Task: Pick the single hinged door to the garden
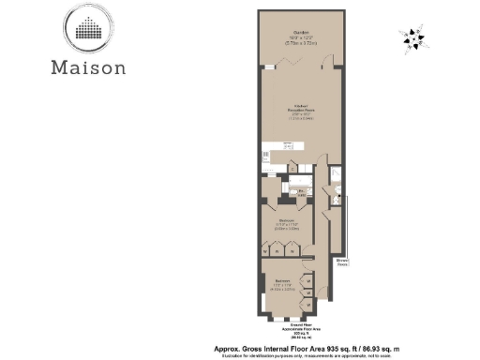pos(325,65)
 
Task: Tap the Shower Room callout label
pos(344,262)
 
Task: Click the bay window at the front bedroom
pos(261,301)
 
